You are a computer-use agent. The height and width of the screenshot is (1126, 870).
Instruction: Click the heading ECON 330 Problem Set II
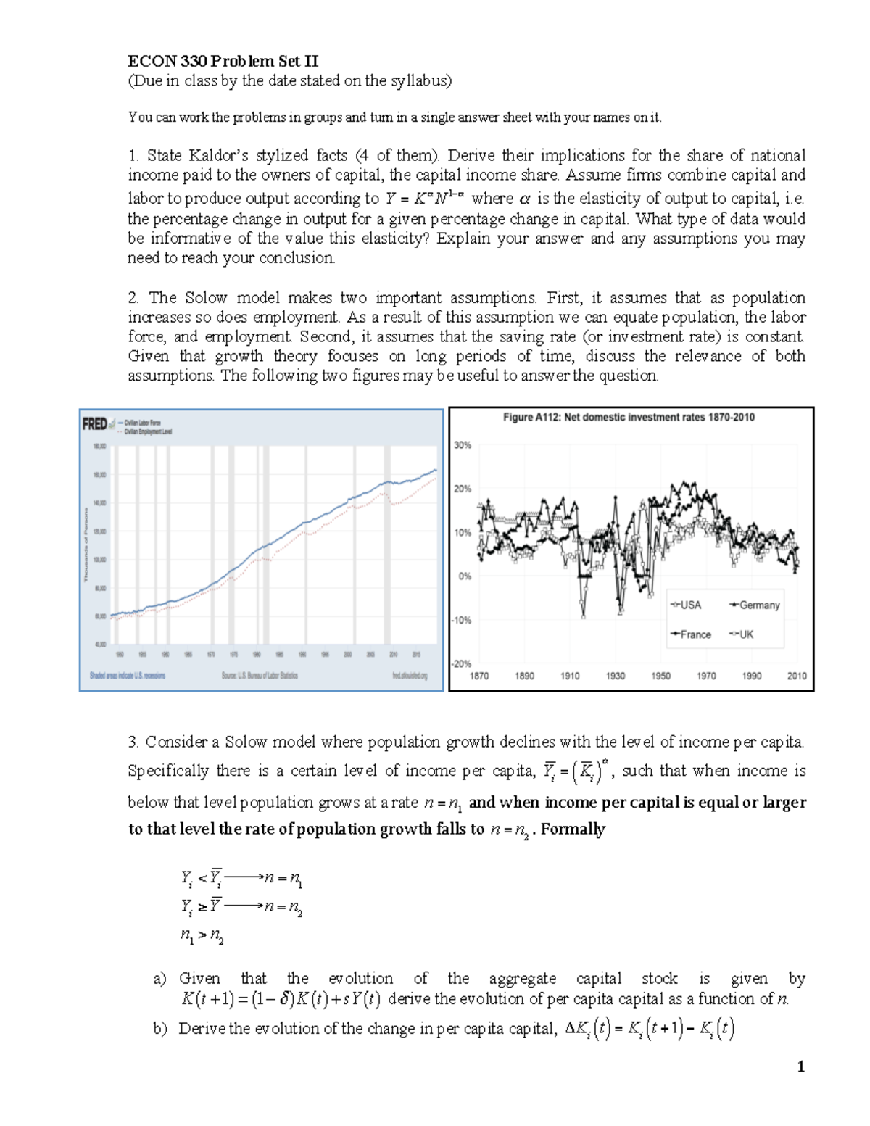(x=223, y=61)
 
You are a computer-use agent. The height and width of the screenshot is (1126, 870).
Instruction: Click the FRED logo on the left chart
(x=94, y=423)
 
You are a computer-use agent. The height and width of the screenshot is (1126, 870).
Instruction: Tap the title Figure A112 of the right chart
(x=629, y=417)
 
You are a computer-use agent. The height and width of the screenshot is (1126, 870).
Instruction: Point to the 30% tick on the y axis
(x=463, y=445)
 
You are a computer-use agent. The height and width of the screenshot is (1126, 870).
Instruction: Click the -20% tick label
(x=461, y=663)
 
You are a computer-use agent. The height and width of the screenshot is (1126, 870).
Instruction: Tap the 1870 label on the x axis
(x=479, y=676)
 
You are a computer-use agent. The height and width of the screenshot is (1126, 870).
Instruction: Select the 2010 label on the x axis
(x=797, y=676)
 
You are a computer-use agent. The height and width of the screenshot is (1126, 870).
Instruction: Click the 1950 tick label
(x=660, y=676)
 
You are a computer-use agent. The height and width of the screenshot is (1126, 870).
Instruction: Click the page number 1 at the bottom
(x=800, y=1067)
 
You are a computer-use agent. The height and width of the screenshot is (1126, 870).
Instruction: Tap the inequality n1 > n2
(x=202, y=936)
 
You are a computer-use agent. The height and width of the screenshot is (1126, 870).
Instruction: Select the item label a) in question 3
(x=159, y=979)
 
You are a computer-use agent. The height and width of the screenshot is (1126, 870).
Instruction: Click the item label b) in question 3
(x=159, y=1029)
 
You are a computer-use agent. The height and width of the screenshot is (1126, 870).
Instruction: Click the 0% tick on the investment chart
(x=464, y=576)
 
